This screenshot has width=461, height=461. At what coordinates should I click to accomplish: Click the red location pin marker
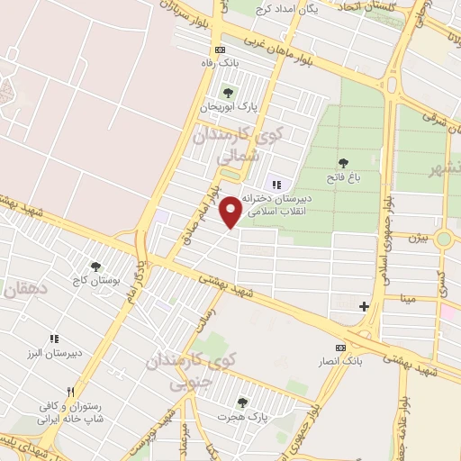point(231,211)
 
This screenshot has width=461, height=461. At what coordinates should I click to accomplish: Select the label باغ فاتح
point(344,178)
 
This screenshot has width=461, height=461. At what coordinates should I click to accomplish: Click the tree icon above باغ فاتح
point(343,163)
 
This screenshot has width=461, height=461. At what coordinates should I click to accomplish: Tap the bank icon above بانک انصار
point(339,348)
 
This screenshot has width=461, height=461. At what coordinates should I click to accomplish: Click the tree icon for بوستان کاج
point(95,267)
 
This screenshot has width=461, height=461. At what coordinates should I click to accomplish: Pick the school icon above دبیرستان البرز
point(54,339)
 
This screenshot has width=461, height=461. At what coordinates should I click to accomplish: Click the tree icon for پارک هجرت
point(241,402)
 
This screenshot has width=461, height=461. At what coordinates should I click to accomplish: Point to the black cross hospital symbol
point(364,307)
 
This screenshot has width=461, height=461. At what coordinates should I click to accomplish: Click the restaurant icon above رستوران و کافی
point(42,393)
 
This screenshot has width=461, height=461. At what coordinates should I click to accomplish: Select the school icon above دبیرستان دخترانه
point(277,183)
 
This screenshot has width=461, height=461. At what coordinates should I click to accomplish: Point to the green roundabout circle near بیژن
point(443,240)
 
